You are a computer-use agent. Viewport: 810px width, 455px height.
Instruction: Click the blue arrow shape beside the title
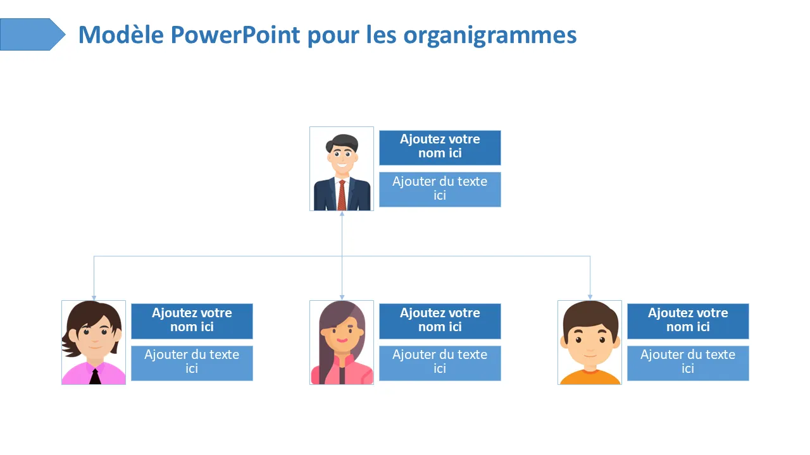[32, 34]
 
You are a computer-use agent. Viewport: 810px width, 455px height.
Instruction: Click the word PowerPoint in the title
[235, 35]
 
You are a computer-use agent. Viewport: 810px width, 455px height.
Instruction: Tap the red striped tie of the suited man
[342, 195]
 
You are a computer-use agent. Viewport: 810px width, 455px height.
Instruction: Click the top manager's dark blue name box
[440, 148]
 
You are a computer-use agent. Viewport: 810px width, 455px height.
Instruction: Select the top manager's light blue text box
[440, 190]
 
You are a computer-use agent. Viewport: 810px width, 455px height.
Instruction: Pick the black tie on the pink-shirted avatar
[95, 377]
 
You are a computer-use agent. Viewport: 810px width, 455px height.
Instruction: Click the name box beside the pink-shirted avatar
[192, 322]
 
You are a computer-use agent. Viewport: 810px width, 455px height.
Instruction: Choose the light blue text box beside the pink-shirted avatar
[192, 363]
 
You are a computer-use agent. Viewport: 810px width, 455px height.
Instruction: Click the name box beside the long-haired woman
[440, 322]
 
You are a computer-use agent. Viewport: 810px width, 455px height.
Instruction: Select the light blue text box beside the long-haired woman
[440, 363]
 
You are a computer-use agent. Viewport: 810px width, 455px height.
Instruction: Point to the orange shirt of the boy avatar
[590, 378]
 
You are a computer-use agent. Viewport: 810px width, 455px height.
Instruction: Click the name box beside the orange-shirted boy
[688, 322]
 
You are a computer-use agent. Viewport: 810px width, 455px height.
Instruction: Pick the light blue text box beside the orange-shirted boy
[688, 363]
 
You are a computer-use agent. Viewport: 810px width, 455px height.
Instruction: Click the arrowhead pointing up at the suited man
[342, 214]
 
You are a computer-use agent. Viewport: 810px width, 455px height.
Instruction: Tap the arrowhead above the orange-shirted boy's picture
[590, 297]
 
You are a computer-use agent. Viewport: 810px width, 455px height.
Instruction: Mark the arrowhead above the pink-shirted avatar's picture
[94, 298]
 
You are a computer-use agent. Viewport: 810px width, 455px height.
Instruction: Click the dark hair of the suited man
[342, 142]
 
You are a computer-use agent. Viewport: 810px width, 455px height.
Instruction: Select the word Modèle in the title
[121, 35]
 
